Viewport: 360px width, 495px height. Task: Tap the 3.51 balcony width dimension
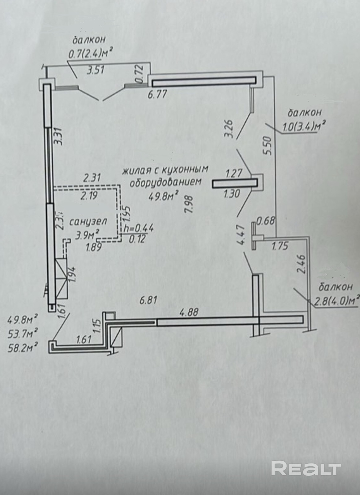pyautogui.click(x=96, y=70)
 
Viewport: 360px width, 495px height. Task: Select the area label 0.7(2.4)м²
pyautogui.click(x=89, y=54)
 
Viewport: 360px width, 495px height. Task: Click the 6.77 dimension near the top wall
pyautogui.click(x=157, y=94)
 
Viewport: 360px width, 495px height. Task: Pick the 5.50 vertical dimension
pyautogui.click(x=268, y=145)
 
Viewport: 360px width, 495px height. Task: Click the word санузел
pyautogui.click(x=88, y=222)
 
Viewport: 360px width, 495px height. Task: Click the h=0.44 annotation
pyautogui.click(x=139, y=228)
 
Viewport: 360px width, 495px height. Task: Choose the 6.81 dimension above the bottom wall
pyautogui.click(x=149, y=300)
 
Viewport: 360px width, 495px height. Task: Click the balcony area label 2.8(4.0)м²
pyautogui.click(x=337, y=300)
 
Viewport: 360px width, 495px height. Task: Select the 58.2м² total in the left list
pyautogui.click(x=23, y=348)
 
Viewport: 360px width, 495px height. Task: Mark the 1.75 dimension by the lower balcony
pyautogui.click(x=280, y=246)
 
